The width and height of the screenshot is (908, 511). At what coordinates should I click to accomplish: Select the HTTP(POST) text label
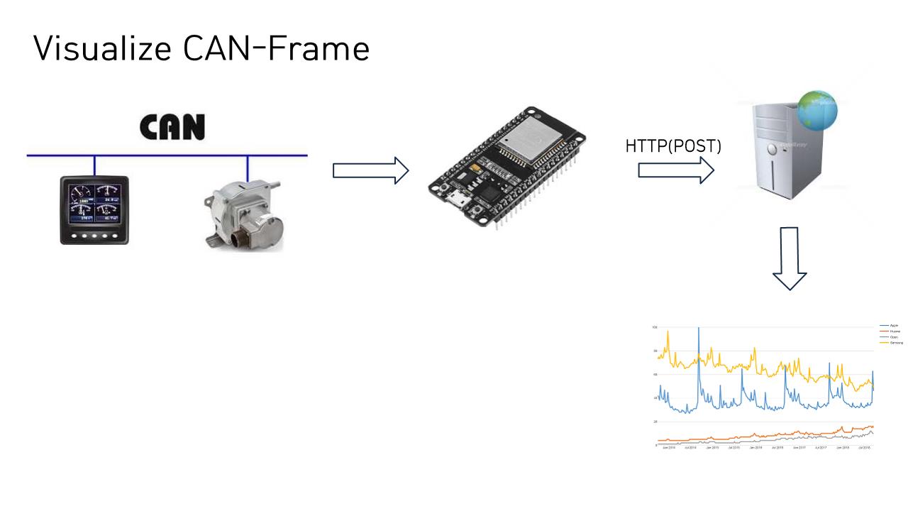pos(672,147)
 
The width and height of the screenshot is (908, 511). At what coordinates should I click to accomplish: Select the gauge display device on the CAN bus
pos(94,210)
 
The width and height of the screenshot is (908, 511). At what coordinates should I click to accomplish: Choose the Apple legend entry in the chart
pos(894,325)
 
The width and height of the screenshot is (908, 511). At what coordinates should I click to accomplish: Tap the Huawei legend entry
pos(895,331)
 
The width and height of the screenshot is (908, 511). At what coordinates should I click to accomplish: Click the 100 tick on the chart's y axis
pos(655,327)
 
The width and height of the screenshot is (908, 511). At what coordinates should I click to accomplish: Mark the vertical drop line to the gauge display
pos(94,165)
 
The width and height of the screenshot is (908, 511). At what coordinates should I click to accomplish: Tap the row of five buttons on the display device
pos(94,236)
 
